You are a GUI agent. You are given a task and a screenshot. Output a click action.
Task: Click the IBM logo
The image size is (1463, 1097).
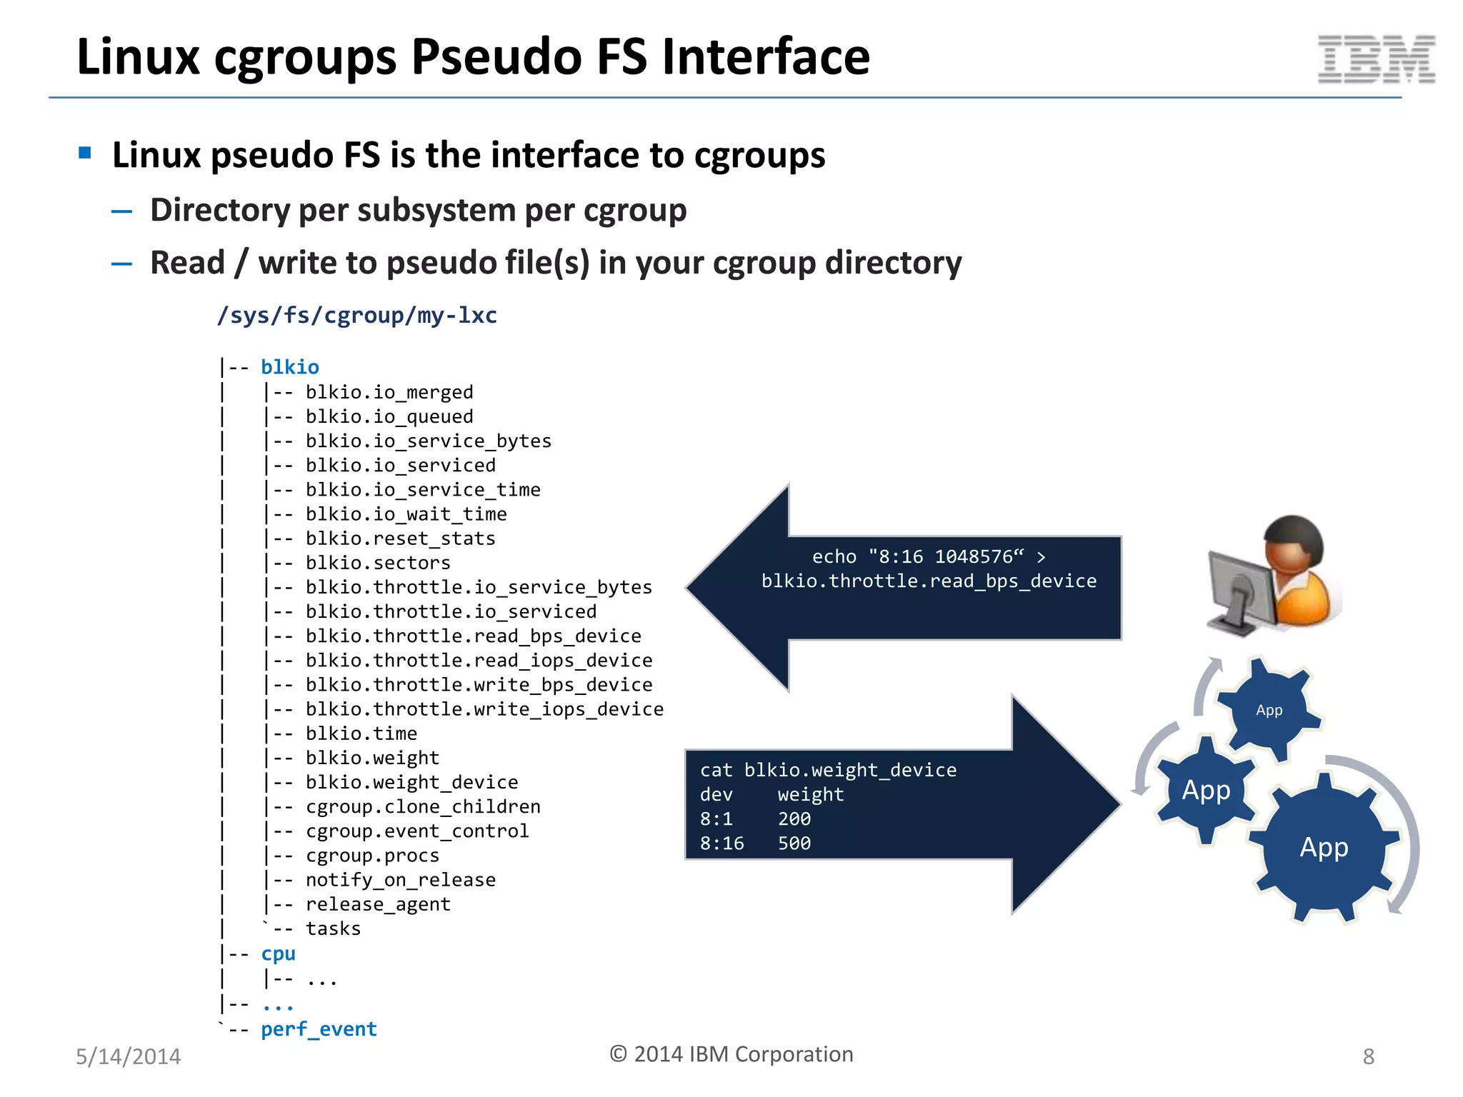tap(1376, 59)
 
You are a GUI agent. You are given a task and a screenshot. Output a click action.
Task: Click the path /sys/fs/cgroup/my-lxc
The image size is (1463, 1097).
tap(356, 315)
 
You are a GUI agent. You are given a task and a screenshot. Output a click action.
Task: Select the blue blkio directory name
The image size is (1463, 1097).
tap(289, 367)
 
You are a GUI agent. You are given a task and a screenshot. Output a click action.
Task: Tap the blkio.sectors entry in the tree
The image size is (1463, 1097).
tap(378, 563)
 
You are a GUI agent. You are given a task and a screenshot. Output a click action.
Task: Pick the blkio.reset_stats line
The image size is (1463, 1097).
tap(400, 539)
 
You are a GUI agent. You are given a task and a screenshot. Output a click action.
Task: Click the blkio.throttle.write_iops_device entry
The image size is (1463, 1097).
tap(484, 709)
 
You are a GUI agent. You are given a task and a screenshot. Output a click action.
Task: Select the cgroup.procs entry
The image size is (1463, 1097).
tap(372, 856)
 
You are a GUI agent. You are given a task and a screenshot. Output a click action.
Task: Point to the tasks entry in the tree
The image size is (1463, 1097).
tap(333, 928)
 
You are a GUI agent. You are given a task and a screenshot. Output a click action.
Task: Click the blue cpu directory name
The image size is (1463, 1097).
tap(278, 954)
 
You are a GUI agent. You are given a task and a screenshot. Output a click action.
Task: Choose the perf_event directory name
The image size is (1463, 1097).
tap(319, 1029)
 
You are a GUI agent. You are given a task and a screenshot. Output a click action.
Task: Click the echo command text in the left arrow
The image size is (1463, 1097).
tap(929, 568)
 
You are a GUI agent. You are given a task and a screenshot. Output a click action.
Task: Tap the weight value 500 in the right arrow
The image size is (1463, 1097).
tap(794, 843)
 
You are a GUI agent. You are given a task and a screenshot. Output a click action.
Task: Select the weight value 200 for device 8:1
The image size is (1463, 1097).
tap(794, 819)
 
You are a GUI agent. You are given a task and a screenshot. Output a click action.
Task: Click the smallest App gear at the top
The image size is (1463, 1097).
tap(1269, 710)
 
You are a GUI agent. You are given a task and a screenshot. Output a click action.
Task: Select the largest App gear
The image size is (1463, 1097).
tap(1324, 848)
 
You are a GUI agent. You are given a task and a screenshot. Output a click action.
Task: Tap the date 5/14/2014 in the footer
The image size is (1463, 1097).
tap(129, 1056)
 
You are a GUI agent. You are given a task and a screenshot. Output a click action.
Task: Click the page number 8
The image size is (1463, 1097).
tap(1368, 1056)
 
